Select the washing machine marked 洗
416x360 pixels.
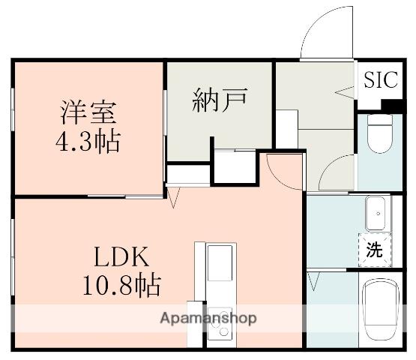(x=373, y=250)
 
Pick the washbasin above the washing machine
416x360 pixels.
(x=376, y=214)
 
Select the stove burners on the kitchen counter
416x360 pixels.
(x=220, y=323)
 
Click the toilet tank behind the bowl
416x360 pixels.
(x=382, y=118)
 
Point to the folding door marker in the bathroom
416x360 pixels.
(x=313, y=282)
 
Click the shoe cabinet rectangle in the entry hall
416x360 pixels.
(x=286, y=128)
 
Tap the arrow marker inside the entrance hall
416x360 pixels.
(x=344, y=93)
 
